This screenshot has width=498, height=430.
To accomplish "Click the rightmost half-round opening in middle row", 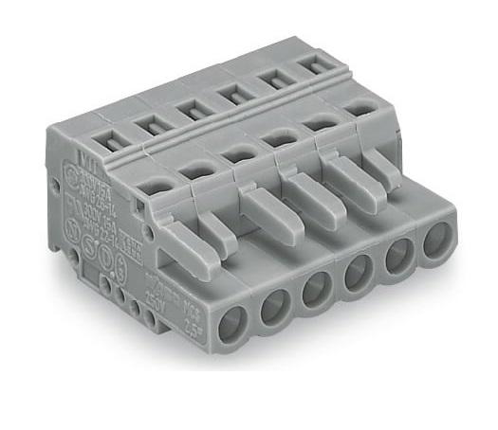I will click(x=358, y=108).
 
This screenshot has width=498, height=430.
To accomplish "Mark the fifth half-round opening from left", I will click(x=321, y=123).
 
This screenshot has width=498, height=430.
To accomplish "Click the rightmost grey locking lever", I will click(x=377, y=169).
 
